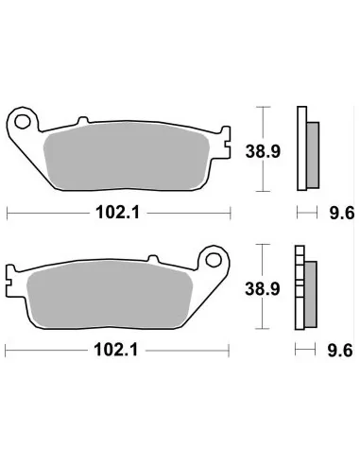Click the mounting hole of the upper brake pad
[x=24, y=121]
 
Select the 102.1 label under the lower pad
[x=120, y=350]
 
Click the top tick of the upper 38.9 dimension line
[x=263, y=107]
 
